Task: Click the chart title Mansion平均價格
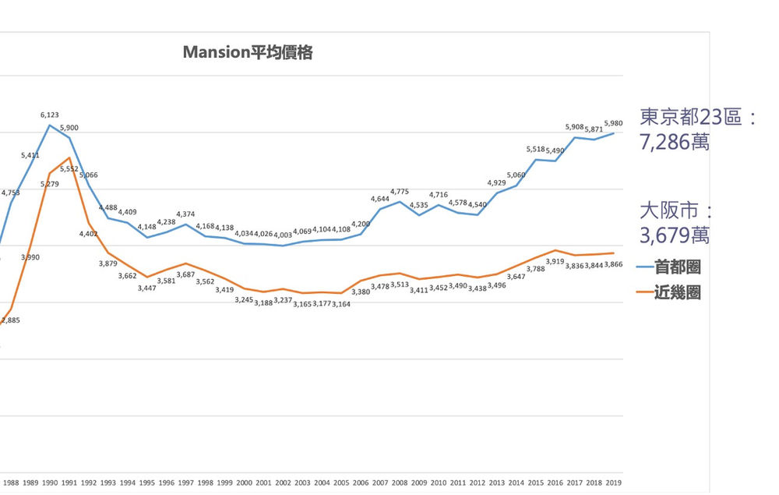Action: point(248,53)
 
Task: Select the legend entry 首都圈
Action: point(677,267)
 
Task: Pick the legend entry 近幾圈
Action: point(677,292)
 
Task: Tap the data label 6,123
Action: point(50,115)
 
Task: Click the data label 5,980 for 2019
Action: point(614,122)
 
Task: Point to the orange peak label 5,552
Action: point(69,168)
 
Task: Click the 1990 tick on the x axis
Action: point(50,483)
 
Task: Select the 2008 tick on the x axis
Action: point(400,483)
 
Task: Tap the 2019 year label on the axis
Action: point(613,483)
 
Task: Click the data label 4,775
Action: point(400,191)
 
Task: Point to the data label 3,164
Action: point(340,304)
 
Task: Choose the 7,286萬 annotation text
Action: point(675,143)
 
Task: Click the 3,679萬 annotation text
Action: point(675,235)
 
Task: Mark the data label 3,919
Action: point(555,261)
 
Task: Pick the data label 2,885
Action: point(11,320)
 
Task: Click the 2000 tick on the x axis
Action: point(244,483)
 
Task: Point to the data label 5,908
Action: point(575,126)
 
